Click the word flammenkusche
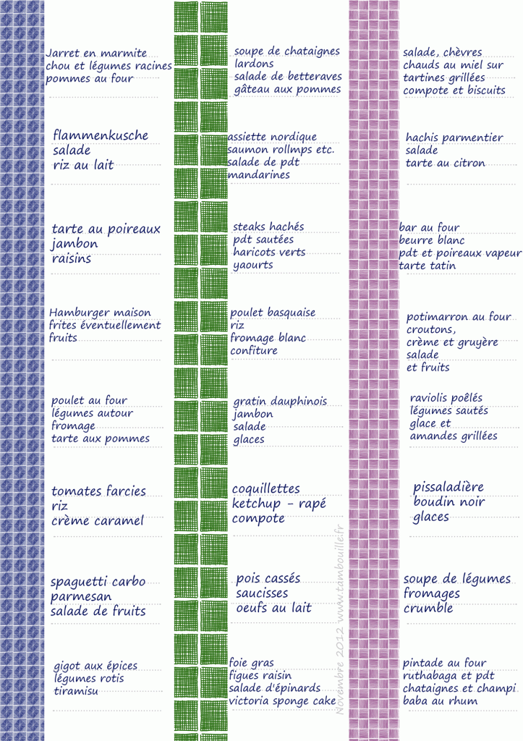(x=101, y=135)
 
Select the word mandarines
(x=258, y=175)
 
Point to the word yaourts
(x=253, y=266)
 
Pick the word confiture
(x=254, y=351)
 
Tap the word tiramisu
(x=76, y=691)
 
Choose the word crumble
(x=428, y=609)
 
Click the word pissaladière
(x=448, y=487)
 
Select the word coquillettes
(x=265, y=489)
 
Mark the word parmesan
(x=81, y=597)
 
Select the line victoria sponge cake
(x=282, y=700)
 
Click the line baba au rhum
(x=440, y=700)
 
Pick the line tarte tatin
(x=428, y=266)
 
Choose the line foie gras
(x=251, y=663)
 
